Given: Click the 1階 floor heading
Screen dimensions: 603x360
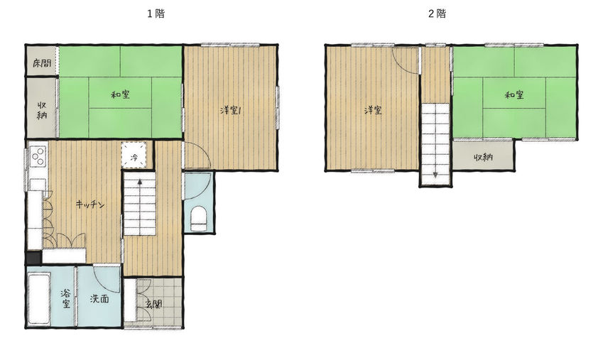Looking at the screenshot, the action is (x=156, y=14).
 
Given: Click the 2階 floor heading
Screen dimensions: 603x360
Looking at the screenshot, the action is (x=438, y=14).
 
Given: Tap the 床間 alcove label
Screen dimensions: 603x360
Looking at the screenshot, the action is (x=42, y=62).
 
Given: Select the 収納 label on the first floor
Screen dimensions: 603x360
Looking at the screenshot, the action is (x=42, y=110).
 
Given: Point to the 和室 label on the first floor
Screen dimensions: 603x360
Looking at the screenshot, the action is (x=120, y=94).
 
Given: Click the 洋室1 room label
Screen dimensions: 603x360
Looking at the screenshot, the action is (x=230, y=110).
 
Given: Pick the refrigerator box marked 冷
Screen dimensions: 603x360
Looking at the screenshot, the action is (x=134, y=156).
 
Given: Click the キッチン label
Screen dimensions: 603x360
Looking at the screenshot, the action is (x=90, y=204).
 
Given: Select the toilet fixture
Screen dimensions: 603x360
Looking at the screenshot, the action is (x=198, y=219).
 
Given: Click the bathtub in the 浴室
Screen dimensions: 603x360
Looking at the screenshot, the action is (x=39, y=299).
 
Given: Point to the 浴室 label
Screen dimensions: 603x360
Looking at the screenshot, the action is (x=66, y=299).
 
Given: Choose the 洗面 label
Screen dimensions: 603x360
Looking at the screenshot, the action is (x=99, y=298).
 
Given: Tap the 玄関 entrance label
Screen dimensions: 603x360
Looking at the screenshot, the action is (x=154, y=304).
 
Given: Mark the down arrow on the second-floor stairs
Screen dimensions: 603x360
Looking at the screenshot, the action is (x=435, y=168).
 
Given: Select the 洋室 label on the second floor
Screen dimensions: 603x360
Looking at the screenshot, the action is (x=373, y=110).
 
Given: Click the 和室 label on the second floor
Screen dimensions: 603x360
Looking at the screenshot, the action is (x=514, y=94).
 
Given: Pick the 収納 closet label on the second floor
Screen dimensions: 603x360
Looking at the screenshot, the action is (x=483, y=157).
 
